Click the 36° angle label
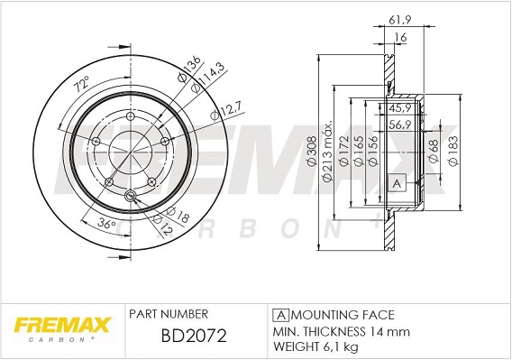[x=105, y=224]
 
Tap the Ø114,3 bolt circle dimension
[x=206, y=83]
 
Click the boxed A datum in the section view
[x=395, y=184]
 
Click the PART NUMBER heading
[x=169, y=314]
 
